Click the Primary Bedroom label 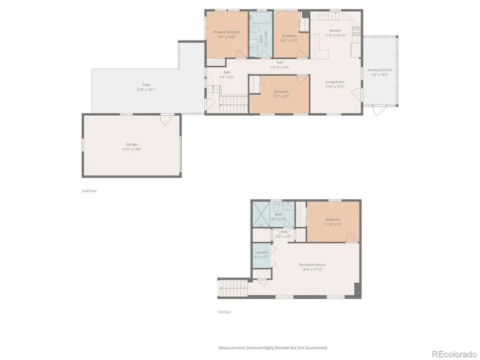pos(227,32)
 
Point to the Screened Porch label pos(379,70)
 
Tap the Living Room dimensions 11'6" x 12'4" pos(335,87)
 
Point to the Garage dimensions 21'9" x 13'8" pos(132,149)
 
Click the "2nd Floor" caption pos(89,190)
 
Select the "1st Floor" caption pos(224,312)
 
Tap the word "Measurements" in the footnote pos(230,348)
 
